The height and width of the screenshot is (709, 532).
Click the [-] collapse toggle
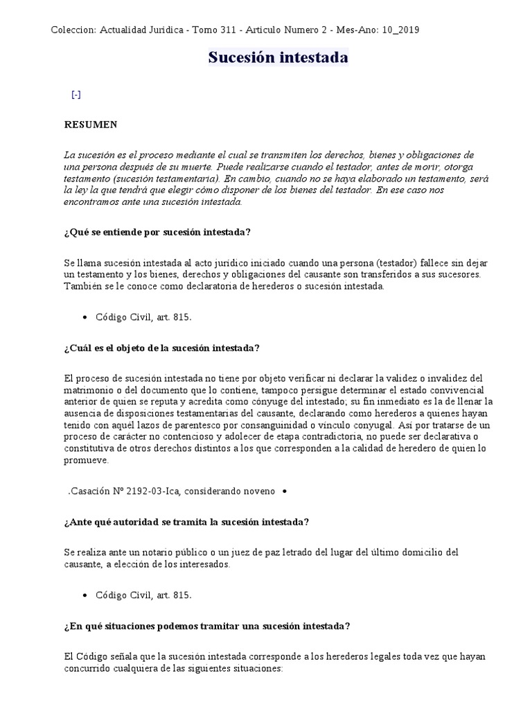[x=76, y=95]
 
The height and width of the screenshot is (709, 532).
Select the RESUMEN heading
[x=91, y=125]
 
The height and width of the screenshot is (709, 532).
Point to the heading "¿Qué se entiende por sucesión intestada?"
[x=157, y=232]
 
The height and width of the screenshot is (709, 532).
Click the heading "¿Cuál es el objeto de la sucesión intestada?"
[x=161, y=348]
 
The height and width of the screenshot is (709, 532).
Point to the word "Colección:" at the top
[x=73, y=30]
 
